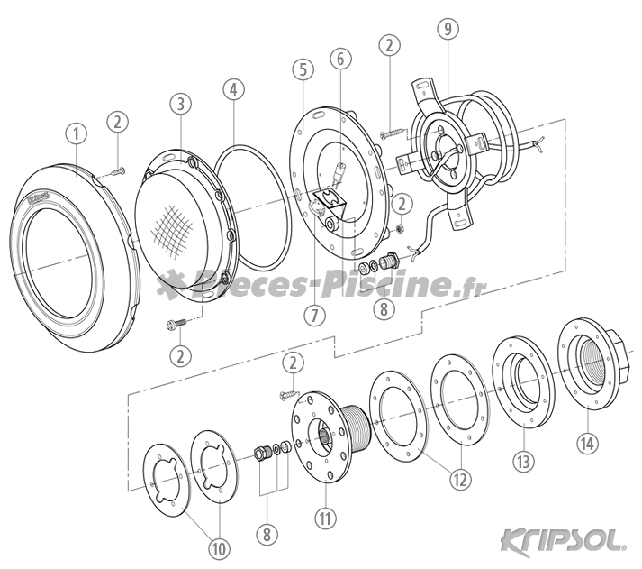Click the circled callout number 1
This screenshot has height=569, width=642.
(77, 133)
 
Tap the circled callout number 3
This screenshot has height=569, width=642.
(181, 104)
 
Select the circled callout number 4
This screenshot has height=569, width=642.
(233, 90)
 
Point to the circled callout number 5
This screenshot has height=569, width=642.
(303, 69)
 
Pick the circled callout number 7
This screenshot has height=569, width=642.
(315, 316)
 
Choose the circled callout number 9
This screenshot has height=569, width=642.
(448, 28)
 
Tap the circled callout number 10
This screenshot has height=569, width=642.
(219, 548)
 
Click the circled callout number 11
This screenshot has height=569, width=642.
(325, 518)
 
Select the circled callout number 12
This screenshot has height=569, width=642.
(460, 480)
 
